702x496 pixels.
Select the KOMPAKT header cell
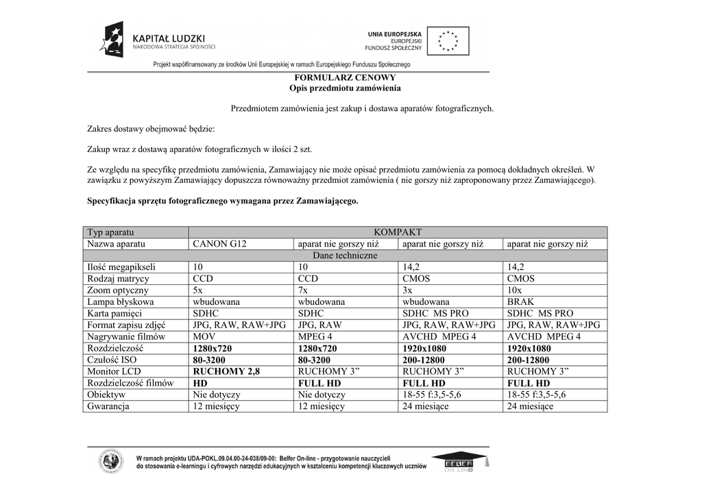pos(398,232)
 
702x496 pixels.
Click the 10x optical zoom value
pos(516,290)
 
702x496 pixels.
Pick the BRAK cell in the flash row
pos(520,302)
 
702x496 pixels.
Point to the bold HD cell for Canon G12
pos(200,384)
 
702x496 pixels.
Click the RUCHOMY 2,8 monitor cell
pos(226,372)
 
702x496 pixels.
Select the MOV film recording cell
pos(204,337)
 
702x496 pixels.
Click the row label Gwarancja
pos(108,406)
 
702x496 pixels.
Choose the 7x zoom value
pos(304,290)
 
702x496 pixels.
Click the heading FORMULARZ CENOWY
pos(345,78)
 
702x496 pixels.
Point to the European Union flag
pos(449,40)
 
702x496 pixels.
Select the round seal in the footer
pos(110,461)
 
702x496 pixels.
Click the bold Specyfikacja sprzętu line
pos(222,201)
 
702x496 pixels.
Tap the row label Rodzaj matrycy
pos(118,279)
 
